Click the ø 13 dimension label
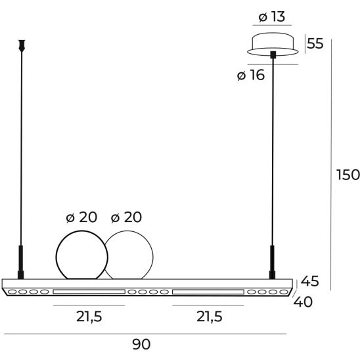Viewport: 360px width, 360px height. coord(272,17)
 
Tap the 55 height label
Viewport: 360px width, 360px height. coord(315,43)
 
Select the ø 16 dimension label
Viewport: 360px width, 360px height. coord(251,75)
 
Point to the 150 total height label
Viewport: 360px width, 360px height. coord(348,175)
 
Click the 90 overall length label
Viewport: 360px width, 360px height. coord(141,344)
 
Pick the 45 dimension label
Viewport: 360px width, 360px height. coord(309,281)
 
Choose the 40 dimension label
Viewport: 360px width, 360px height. coord(303,302)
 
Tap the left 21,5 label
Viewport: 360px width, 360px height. coord(89,317)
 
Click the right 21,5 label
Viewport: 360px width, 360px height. coord(210,317)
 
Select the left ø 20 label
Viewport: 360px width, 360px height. coord(81,217)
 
